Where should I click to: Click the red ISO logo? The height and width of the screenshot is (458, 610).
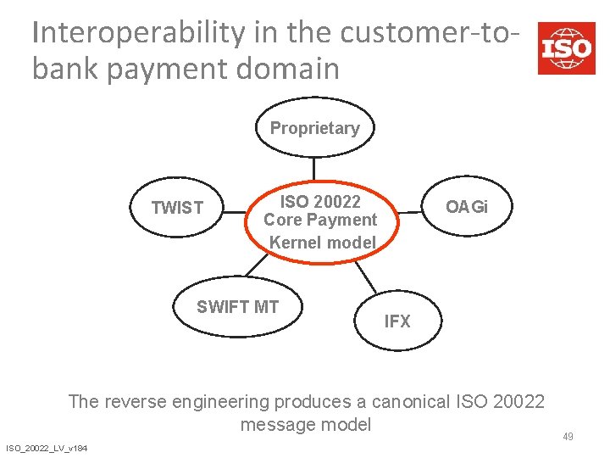[x=567, y=48]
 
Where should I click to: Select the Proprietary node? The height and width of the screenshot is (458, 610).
[x=314, y=128]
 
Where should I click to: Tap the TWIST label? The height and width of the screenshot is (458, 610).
[x=177, y=208]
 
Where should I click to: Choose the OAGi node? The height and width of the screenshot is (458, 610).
[x=467, y=207]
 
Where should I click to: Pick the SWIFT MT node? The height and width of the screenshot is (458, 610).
[x=237, y=307]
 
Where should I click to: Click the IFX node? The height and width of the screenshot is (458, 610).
[x=396, y=321]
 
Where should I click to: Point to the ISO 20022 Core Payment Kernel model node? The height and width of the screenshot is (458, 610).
[x=320, y=221]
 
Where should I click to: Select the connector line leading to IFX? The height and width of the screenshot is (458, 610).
[x=365, y=276]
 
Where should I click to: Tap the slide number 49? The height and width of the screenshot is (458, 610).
[x=568, y=437]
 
